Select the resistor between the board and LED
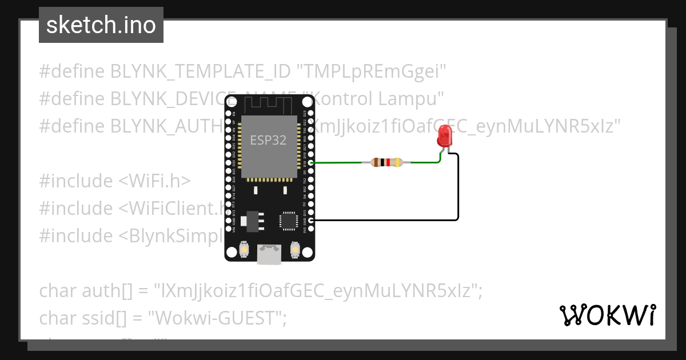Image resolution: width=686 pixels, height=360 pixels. (x=386, y=162)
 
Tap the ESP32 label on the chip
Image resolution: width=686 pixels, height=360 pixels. (x=268, y=140)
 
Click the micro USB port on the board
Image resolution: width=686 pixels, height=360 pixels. (x=269, y=254)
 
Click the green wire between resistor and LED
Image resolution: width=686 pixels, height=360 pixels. (x=423, y=162)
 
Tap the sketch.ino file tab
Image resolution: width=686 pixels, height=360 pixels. (x=101, y=25)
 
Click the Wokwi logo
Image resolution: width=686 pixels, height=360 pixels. (x=607, y=315)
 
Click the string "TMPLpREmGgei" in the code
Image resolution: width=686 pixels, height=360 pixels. (x=370, y=71)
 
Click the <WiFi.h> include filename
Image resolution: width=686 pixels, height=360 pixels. (x=154, y=181)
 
